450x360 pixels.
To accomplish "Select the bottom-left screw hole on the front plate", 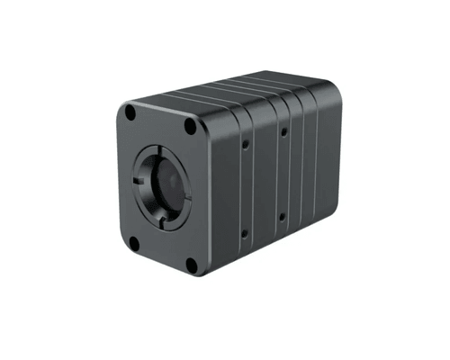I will click(133, 243).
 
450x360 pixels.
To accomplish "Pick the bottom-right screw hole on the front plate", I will click(192, 264).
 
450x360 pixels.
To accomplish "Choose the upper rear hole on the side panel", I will click(283, 131).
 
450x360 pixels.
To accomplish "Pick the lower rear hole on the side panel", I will click(283, 217).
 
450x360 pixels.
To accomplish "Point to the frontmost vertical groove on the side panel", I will click(238, 184).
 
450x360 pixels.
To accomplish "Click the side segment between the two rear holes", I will click(283, 175).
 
